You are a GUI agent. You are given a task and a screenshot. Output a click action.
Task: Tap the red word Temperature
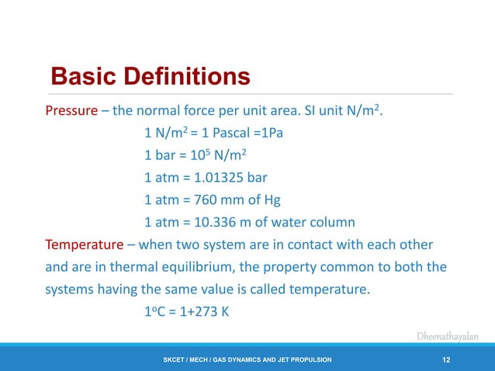84,245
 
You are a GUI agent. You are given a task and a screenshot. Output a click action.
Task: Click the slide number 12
446,359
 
